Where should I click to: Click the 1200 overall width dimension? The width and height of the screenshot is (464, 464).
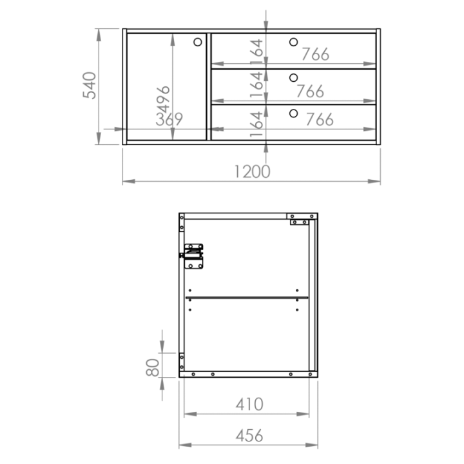tap(252, 171)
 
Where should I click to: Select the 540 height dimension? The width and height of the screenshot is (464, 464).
tap(90, 85)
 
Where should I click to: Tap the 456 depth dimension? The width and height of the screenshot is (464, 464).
tap(249, 436)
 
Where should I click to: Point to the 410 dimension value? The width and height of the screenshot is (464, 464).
tap(249, 404)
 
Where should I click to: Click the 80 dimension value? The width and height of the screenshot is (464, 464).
tap(153, 367)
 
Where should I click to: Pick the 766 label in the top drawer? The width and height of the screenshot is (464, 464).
tap(315, 54)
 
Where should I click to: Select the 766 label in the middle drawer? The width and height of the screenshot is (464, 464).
tap(310, 91)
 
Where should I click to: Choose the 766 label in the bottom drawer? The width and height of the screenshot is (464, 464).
tap(320, 119)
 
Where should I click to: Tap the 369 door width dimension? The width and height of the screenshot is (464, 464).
tap(169, 119)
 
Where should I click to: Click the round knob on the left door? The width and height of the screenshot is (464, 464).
tap(198, 42)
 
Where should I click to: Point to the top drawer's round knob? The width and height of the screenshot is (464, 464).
tap(293, 42)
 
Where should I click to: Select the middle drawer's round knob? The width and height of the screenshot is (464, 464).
tap(293, 78)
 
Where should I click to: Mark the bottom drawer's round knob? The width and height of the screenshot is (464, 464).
tap(293, 113)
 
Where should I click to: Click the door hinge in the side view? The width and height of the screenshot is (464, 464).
tap(192, 256)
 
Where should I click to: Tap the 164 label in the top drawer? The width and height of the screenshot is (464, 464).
tap(256, 52)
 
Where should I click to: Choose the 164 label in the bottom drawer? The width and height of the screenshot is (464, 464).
tap(256, 124)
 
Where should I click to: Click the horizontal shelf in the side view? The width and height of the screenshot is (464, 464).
tap(246, 298)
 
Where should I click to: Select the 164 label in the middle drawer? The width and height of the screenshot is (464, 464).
tap(256, 85)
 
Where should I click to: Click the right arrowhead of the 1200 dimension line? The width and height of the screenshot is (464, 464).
tap(374, 181)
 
